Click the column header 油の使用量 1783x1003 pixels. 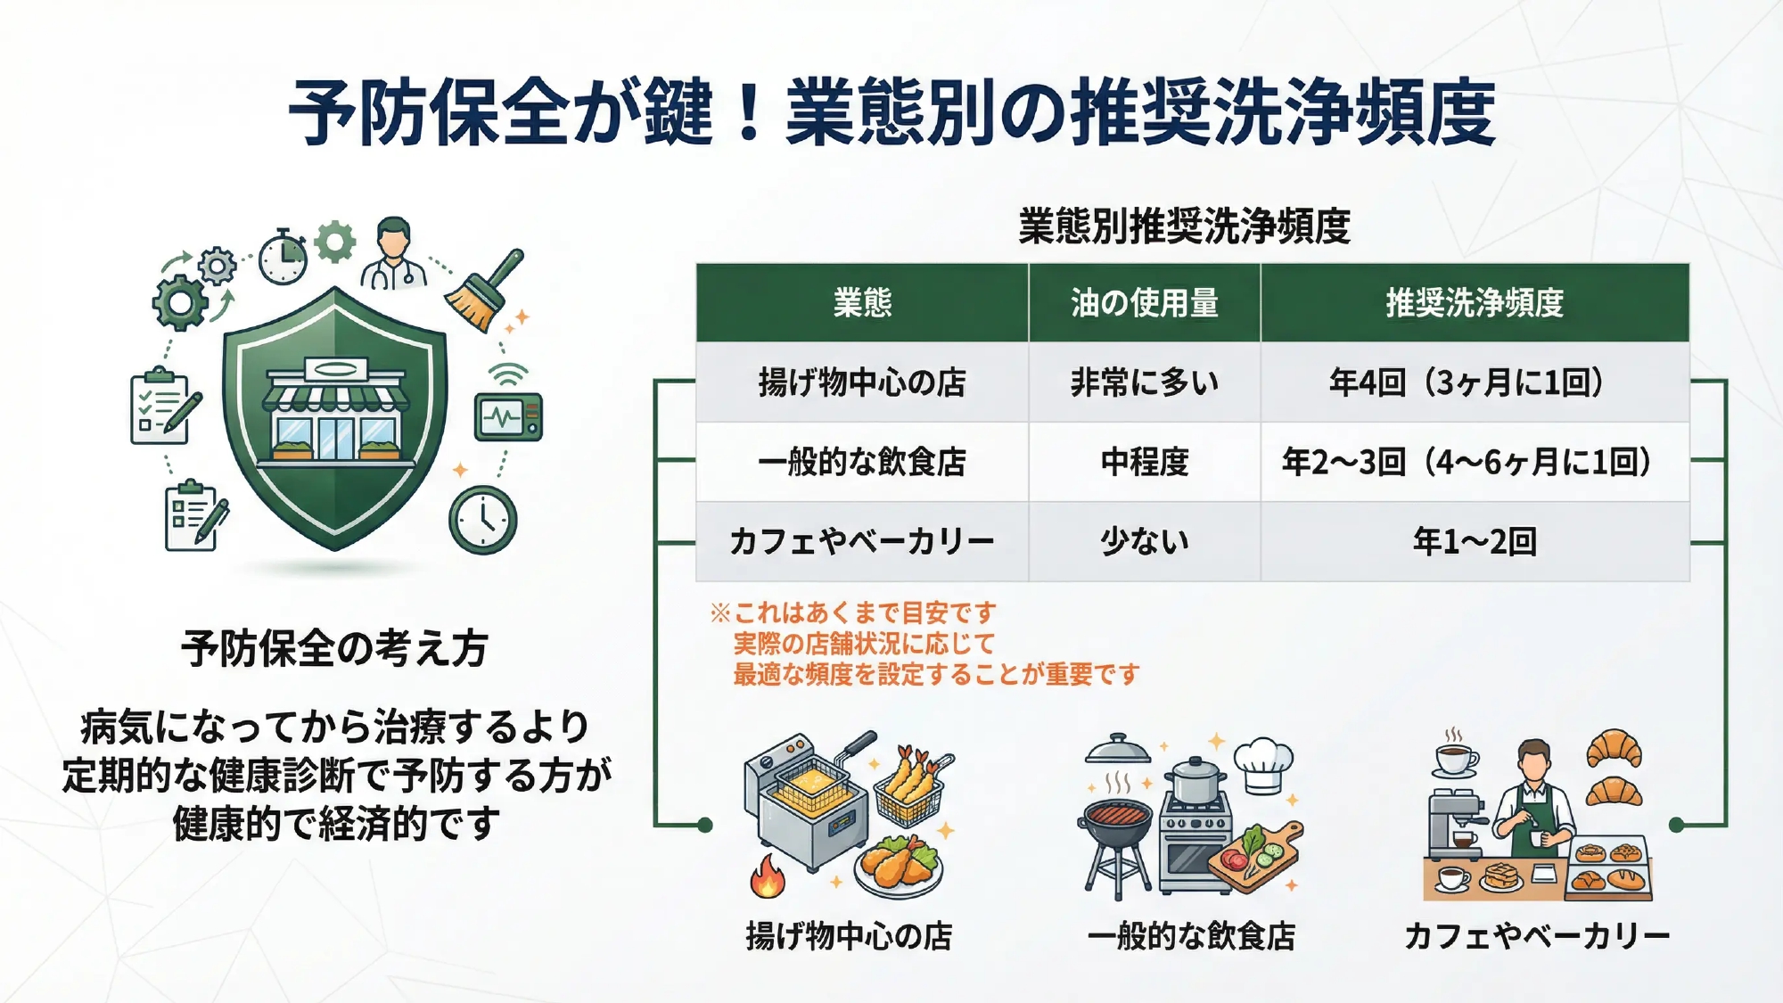(x=1145, y=303)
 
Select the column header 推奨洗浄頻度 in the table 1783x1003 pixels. (x=1475, y=303)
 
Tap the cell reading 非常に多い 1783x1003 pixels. (x=1145, y=382)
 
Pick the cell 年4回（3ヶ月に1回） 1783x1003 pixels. (x=1475, y=382)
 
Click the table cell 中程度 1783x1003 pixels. (x=1145, y=462)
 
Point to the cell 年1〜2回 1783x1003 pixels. (x=1475, y=541)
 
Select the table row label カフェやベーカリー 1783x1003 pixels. (x=862, y=541)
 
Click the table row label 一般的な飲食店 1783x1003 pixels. (x=862, y=462)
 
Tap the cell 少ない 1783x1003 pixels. (x=1145, y=541)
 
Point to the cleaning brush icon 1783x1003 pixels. (x=484, y=290)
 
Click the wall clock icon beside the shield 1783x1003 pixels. (x=483, y=520)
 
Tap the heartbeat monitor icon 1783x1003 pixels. (x=508, y=416)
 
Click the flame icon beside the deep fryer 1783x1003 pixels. (x=768, y=876)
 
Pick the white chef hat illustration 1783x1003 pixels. (x=1263, y=764)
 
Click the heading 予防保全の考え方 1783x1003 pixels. (x=335, y=648)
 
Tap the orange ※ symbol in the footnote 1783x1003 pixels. (x=720, y=612)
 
